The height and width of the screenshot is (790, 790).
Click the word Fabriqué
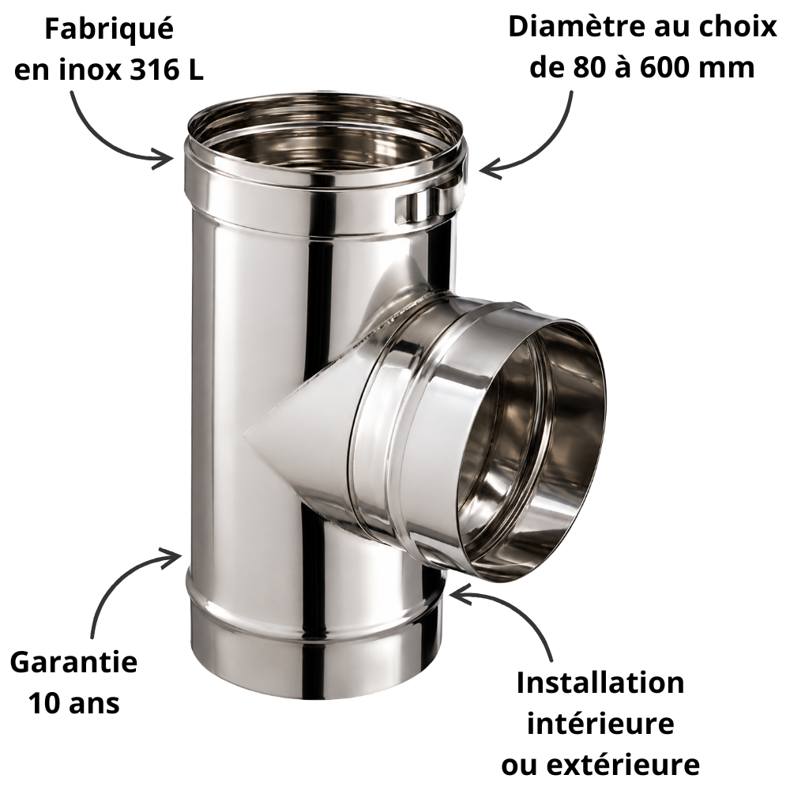(x=109, y=29)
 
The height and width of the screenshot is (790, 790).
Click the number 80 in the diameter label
(x=589, y=67)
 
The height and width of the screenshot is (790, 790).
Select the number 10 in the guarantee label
(x=44, y=702)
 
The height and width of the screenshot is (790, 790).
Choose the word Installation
(x=600, y=683)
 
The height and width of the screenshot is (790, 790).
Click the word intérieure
(x=600, y=724)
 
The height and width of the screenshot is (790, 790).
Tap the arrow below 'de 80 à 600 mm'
(x=545, y=151)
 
